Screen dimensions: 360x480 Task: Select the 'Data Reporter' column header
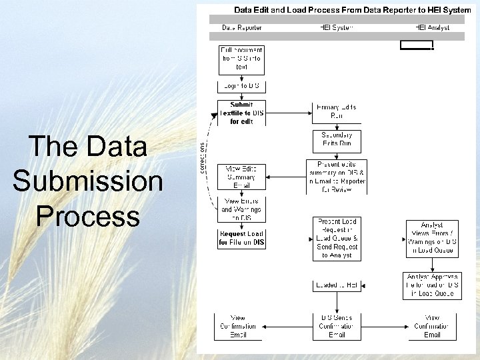coord(242,27)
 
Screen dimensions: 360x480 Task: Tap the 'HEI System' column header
coord(337,27)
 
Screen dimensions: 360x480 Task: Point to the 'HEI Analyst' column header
coord(432,27)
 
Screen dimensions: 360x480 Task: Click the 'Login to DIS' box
coord(241,86)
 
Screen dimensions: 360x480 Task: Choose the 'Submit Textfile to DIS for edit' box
coord(241,113)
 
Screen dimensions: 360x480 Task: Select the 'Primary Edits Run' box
coord(337,112)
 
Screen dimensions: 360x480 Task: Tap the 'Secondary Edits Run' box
coord(337,139)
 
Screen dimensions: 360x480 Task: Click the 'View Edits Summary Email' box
coord(241,177)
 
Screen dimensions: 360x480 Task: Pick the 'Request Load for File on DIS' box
coord(241,239)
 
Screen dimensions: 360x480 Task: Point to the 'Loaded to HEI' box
coord(337,285)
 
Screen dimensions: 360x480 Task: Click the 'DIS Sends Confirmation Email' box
coord(337,326)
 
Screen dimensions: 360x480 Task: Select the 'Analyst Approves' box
coord(432,285)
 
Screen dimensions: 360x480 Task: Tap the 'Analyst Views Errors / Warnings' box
coord(432,239)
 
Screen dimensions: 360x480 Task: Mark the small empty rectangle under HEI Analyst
coord(416,45)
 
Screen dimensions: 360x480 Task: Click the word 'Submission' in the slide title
coord(87,181)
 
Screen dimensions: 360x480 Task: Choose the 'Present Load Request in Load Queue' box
coord(337,238)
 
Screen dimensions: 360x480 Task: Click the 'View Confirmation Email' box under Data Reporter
coord(238,326)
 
